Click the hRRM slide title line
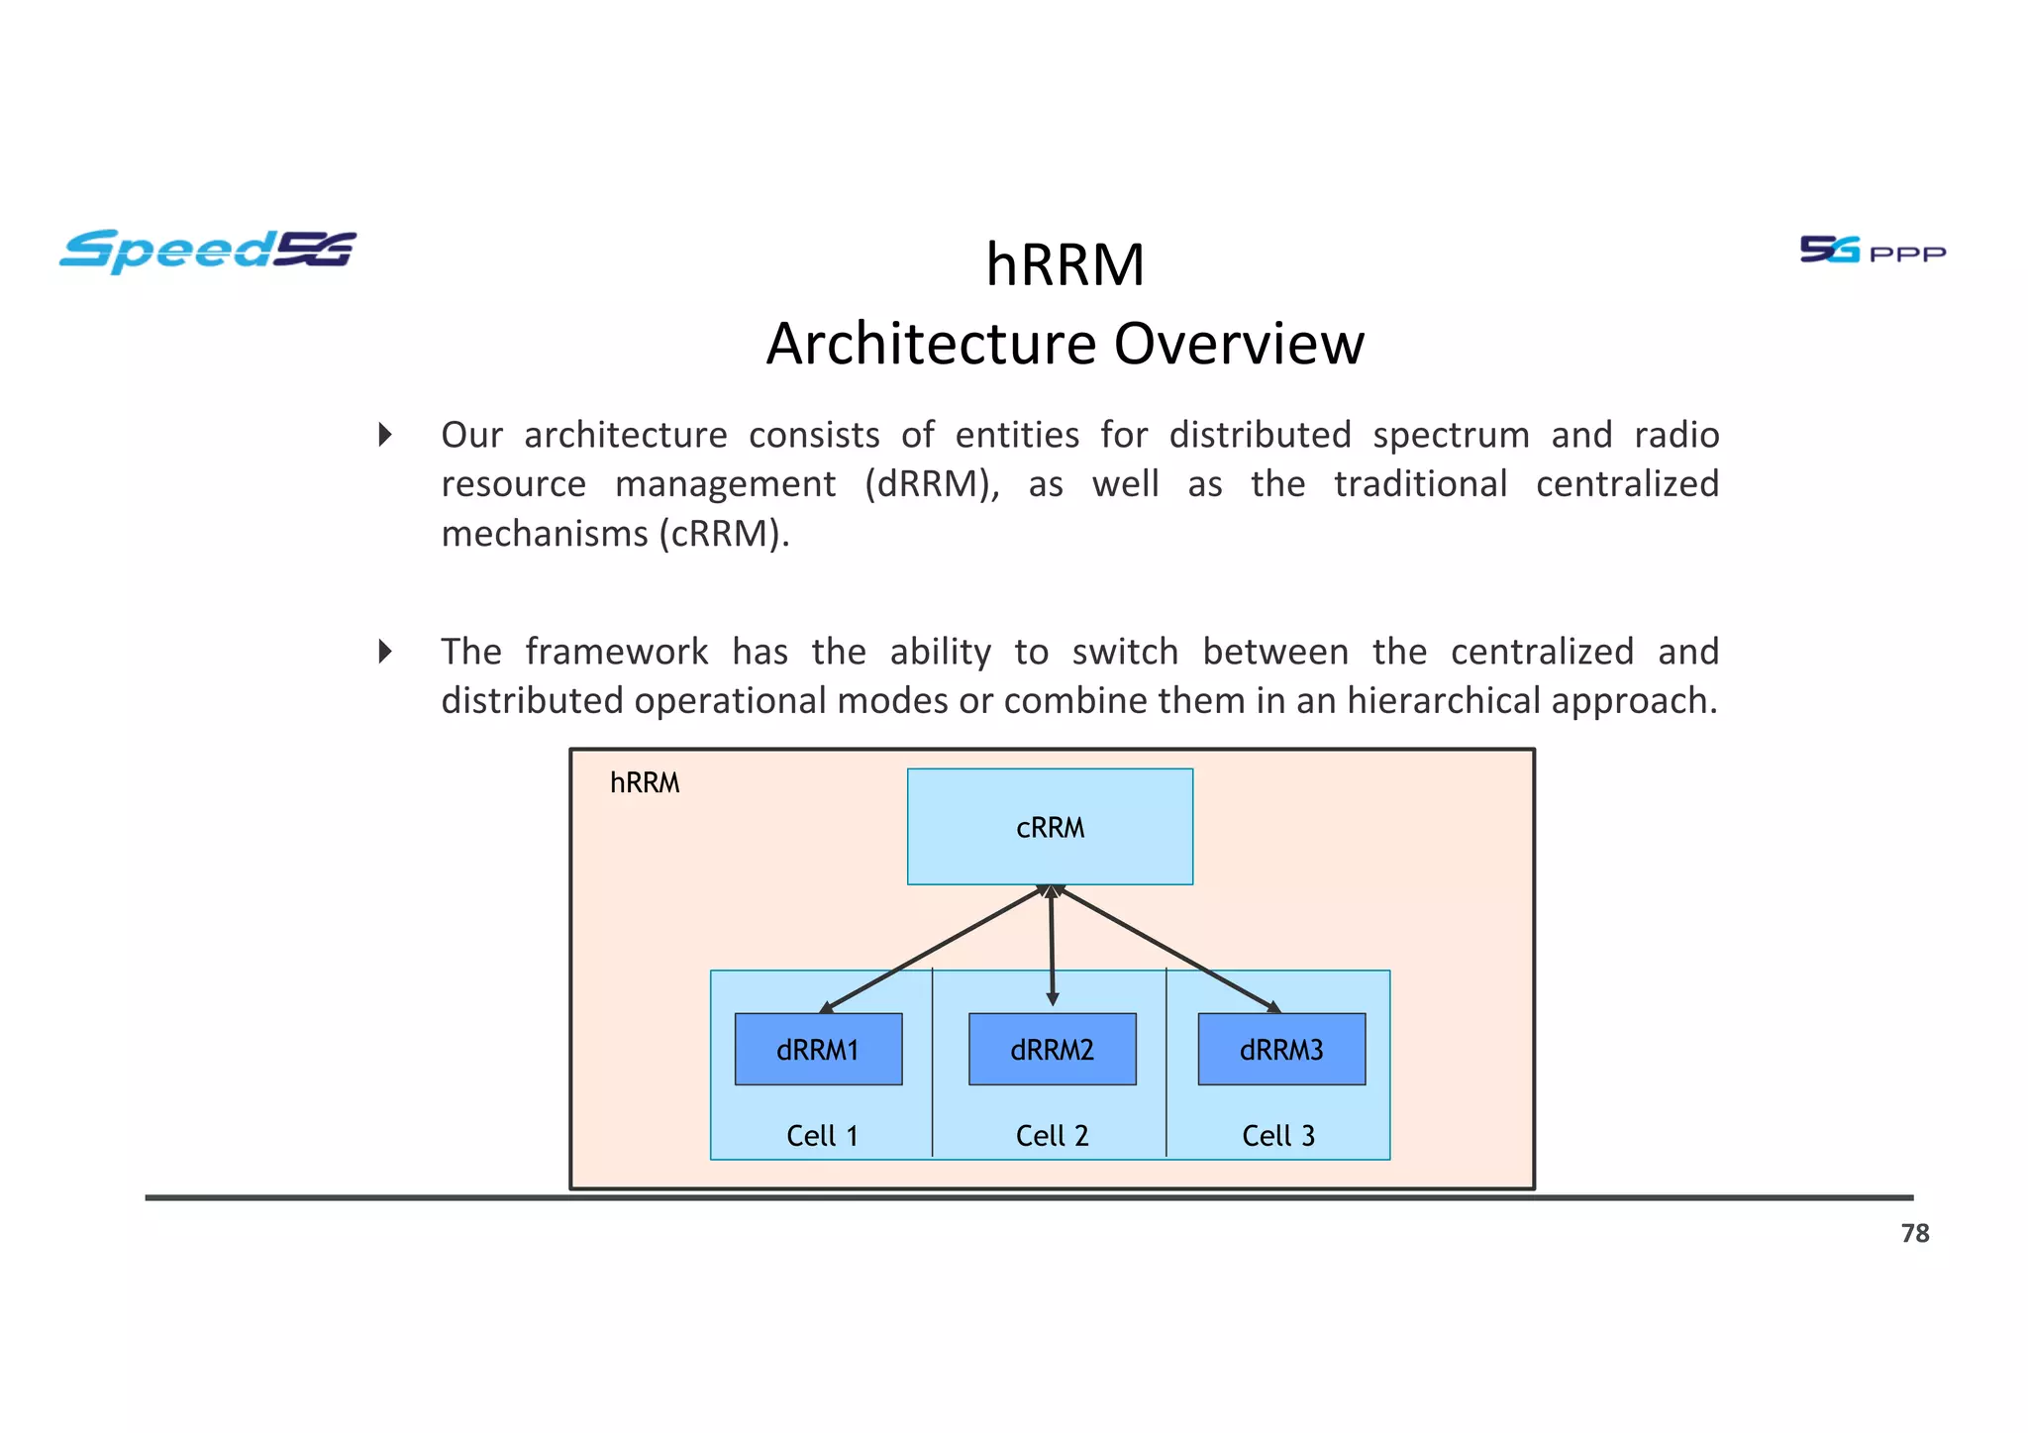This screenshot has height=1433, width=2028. point(1065,265)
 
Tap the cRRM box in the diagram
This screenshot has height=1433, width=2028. point(1050,827)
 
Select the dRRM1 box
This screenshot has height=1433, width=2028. point(818,1050)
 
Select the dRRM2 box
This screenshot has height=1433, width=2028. point(1052,1050)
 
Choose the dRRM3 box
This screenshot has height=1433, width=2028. point(1281,1050)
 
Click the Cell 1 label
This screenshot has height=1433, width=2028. point(822,1136)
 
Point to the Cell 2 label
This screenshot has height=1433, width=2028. point(1052,1136)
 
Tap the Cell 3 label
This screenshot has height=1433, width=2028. point(1278,1136)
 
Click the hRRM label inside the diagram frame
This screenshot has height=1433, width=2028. point(645,783)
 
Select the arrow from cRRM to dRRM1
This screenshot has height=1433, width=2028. point(931,949)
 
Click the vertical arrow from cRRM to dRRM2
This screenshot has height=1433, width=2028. point(1052,946)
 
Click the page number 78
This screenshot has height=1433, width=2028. point(1914,1233)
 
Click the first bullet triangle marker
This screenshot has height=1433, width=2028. point(386,435)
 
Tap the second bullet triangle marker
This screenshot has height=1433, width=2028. point(386,652)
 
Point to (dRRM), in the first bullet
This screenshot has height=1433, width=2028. point(932,484)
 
